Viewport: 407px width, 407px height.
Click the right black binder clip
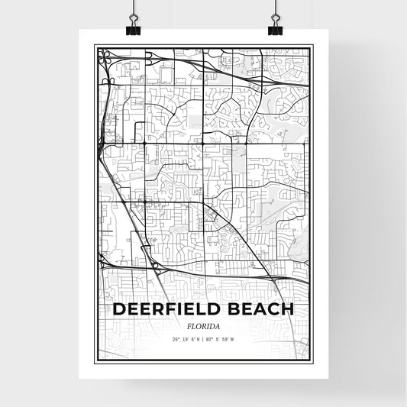click(x=275, y=29)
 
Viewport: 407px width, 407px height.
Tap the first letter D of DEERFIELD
click(x=119, y=309)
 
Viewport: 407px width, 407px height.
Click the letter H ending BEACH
click(x=287, y=309)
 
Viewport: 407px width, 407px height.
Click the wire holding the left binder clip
click(x=133, y=9)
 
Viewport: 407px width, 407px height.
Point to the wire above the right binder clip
click(x=273, y=9)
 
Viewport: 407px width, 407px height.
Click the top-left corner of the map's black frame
click(x=96, y=47)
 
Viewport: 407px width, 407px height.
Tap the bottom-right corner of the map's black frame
click(x=311, y=360)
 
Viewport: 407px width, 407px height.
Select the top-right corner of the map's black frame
click(x=311, y=47)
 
